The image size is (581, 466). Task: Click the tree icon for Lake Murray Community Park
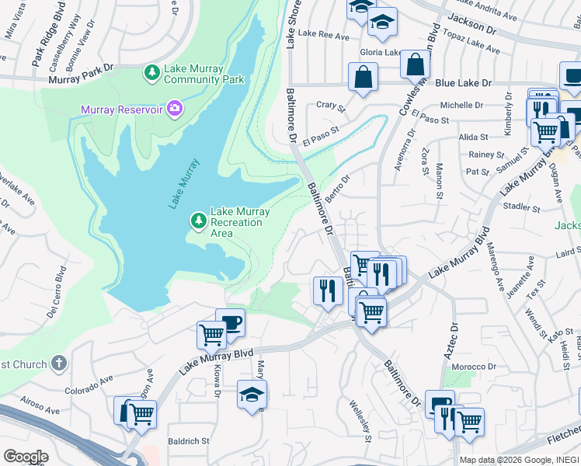(152, 73)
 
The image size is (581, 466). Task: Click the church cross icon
(59, 363)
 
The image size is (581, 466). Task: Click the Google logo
(26, 456)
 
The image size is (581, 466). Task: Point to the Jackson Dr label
(514, 29)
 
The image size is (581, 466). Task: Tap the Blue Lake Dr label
(464, 83)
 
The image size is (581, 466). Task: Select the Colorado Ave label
(89, 385)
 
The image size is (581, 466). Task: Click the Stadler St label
(521, 208)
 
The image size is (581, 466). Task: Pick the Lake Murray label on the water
(183, 183)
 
